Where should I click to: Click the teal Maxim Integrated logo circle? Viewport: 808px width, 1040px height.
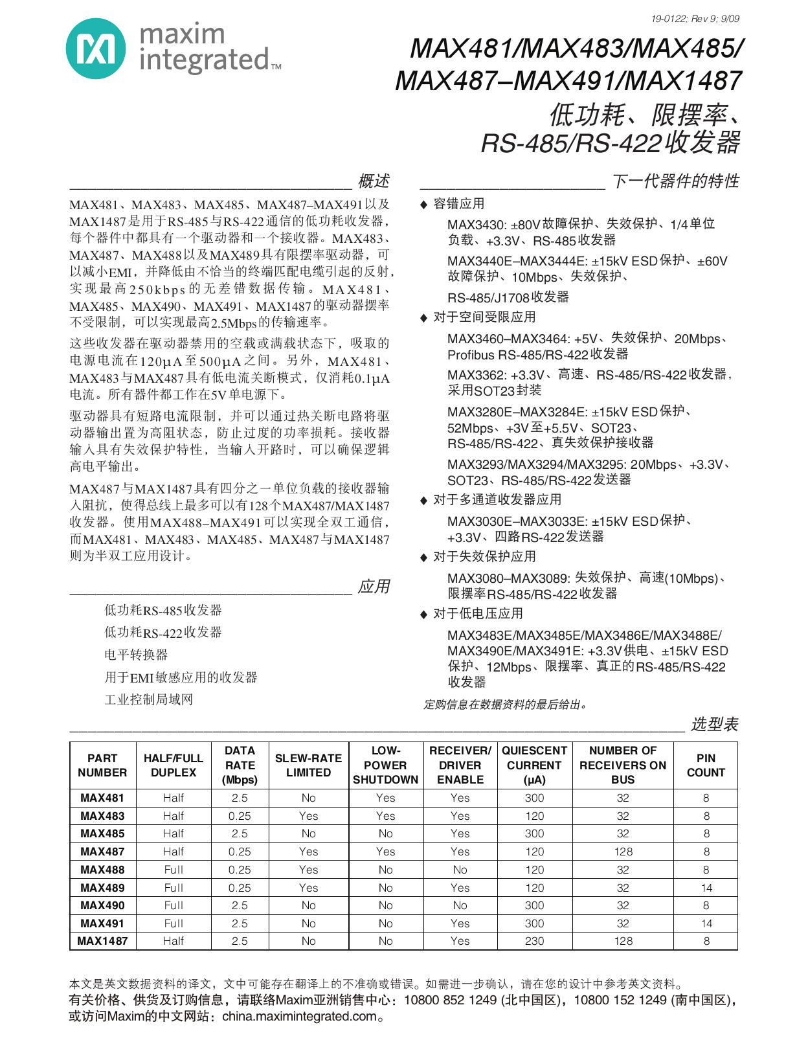(96, 49)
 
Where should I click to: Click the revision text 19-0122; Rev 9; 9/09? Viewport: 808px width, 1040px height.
(695, 19)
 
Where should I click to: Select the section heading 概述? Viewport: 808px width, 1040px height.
(374, 181)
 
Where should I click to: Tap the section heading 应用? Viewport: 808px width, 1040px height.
(374, 587)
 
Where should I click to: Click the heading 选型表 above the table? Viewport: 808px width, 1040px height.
(714, 724)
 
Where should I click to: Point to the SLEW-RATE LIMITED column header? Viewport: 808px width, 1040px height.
(308, 765)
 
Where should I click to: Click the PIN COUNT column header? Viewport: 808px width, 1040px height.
(706, 765)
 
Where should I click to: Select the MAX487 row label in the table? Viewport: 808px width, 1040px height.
(102, 852)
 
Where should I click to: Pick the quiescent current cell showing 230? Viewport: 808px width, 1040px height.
(534, 941)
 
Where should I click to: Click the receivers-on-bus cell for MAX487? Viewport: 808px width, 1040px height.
(623, 852)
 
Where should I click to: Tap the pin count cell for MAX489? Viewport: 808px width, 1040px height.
(706, 888)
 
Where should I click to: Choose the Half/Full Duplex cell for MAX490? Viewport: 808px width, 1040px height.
(174, 905)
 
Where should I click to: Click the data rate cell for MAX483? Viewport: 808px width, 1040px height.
(240, 816)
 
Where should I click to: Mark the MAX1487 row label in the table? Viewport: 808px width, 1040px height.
(102, 941)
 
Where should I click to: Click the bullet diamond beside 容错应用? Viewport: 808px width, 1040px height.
(423, 205)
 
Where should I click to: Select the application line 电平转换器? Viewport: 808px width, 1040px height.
(136, 655)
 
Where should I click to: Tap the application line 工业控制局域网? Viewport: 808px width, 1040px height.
(149, 699)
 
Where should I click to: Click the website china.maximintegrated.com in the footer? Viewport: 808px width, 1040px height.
(298, 1016)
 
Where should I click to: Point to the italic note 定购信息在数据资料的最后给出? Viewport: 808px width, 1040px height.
(505, 705)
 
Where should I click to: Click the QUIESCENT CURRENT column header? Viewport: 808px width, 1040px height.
(534, 765)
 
